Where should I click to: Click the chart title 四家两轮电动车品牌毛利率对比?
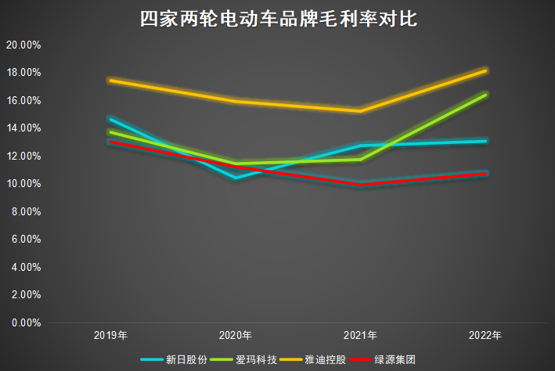click(278, 20)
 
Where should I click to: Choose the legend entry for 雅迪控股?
click(326, 359)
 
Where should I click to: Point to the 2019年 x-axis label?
click(110, 335)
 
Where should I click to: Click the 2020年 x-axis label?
click(236, 335)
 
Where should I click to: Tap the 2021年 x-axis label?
click(361, 335)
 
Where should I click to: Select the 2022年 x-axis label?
click(486, 335)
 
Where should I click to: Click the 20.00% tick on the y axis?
click(23, 45)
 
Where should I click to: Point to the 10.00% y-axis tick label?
click(23, 183)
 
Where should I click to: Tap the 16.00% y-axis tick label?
click(23, 100)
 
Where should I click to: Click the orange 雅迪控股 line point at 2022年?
click(486, 70)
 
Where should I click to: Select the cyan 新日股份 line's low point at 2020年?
click(236, 178)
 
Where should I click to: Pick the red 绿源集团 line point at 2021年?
click(361, 184)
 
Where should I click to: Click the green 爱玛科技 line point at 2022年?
click(486, 95)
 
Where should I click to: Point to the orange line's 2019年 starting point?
click(110, 80)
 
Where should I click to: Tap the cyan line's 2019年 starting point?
click(110, 119)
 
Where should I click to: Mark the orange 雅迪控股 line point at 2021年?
click(361, 111)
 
